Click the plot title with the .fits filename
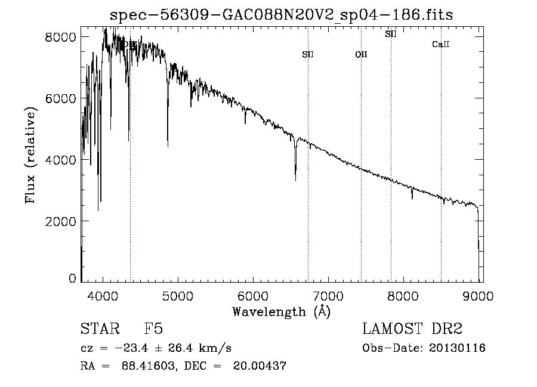coord(282,15)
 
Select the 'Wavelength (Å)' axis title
coord(281,311)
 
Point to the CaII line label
coord(440,45)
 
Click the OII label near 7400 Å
coord(361,55)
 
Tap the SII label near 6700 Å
coord(308,55)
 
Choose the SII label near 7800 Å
coord(390,34)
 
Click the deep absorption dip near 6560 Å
coord(295,179)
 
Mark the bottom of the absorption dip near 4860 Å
coord(168,145)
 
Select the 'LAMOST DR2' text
coord(412,329)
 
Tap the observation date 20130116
coord(458,348)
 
